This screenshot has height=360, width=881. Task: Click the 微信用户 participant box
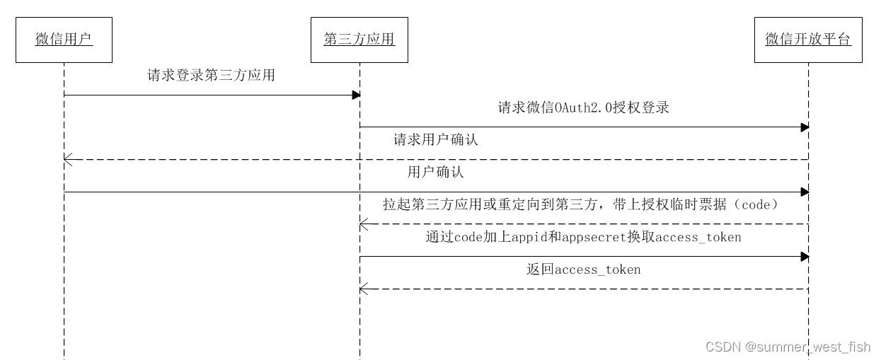pos(64,40)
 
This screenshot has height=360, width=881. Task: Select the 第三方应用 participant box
pos(359,40)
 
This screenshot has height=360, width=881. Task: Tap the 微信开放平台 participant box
pos(808,40)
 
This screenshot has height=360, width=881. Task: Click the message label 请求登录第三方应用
pos(211,76)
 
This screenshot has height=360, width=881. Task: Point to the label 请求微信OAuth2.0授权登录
pos(584,108)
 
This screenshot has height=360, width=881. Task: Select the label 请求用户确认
pos(436,140)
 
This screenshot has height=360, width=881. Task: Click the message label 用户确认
pos(436,173)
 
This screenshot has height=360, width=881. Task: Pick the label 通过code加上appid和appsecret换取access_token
pos(583,237)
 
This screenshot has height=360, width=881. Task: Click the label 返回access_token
pos(583,269)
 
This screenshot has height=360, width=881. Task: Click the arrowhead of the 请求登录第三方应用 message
pos(357,95)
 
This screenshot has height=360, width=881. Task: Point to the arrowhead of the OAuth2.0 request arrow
pos(805,127)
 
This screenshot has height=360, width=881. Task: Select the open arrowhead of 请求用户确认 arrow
pos(67,160)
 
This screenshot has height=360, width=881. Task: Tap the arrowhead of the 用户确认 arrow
pos(805,192)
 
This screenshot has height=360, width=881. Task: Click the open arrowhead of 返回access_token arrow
pos(363,289)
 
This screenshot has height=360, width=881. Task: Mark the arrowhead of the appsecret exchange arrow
pos(805,257)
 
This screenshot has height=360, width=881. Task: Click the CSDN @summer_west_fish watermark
pos(788,347)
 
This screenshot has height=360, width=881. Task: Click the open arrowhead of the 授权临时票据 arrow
pos(363,224)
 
